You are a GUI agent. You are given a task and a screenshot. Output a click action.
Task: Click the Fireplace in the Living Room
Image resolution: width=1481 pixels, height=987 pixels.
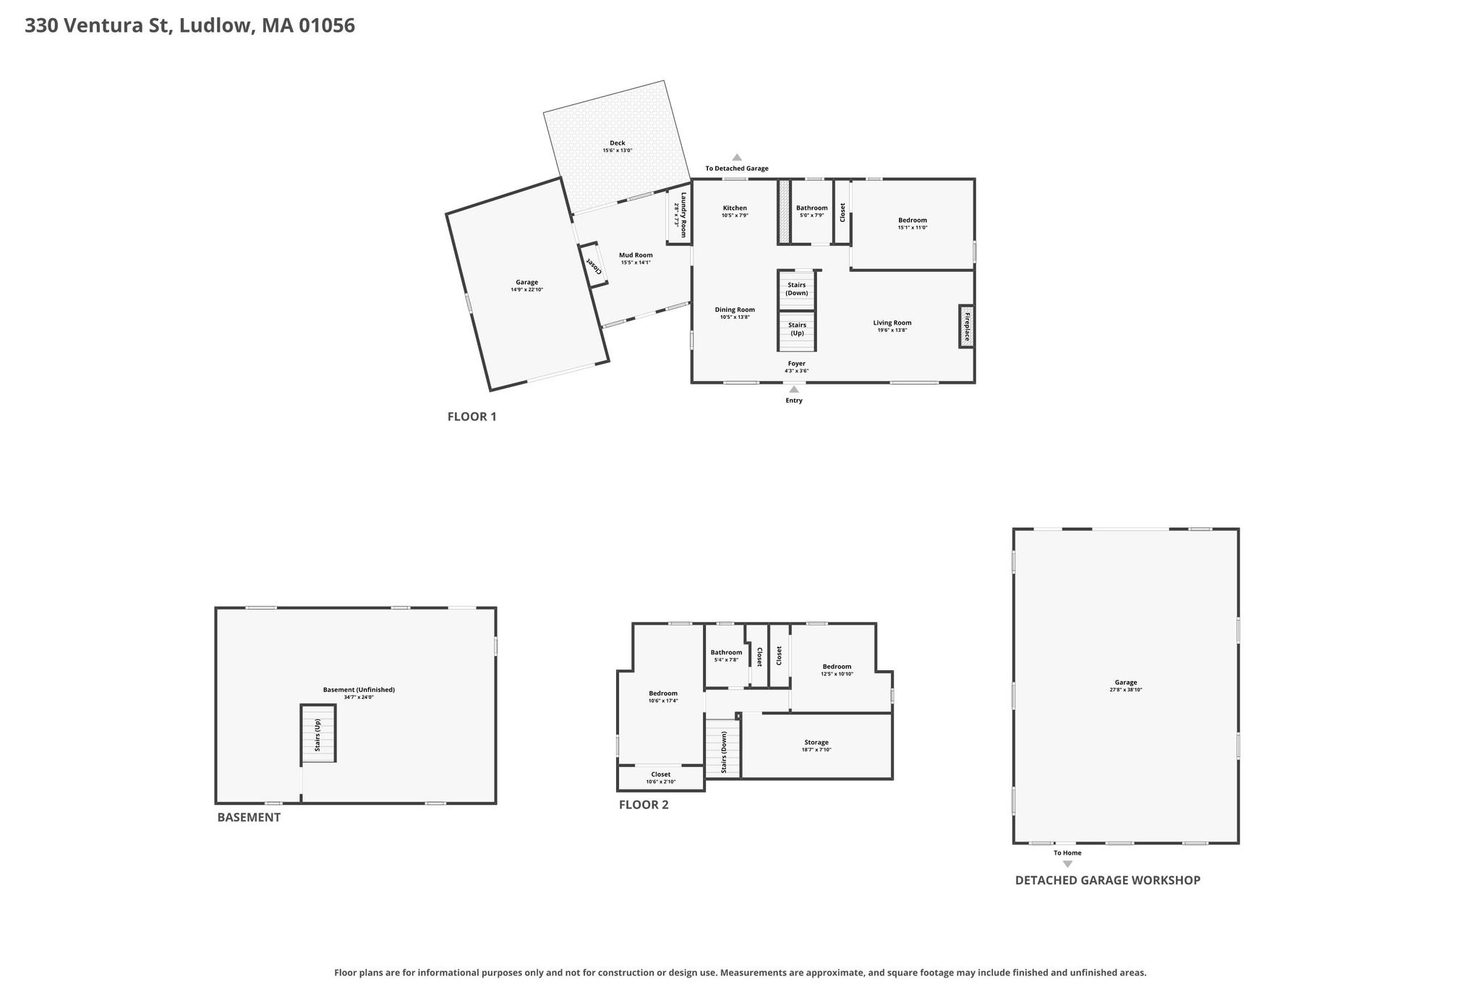[966, 326]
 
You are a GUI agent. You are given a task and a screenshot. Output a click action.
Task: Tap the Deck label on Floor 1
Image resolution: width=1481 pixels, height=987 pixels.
[617, 143]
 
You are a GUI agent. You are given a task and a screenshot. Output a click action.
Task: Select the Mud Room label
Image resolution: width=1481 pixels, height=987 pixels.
[636, 255]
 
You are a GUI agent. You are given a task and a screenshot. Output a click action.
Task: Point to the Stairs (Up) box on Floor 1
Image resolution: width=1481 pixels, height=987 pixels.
[796, 330]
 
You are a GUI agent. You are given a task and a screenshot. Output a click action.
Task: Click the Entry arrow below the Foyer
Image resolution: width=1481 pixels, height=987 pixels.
[794, 390]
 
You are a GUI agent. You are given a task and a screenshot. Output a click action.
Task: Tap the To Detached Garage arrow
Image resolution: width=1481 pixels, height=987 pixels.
[737, 157]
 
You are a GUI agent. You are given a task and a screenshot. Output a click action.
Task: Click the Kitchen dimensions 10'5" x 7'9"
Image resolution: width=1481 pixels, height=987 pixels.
[735, 215]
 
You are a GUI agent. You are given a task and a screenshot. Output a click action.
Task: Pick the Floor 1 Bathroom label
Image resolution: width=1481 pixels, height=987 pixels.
[811, 208]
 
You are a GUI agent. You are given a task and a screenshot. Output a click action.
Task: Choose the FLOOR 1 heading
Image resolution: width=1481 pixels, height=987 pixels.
[471, 416]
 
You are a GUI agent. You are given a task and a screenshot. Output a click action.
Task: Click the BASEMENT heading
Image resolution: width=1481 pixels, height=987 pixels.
[249, 817]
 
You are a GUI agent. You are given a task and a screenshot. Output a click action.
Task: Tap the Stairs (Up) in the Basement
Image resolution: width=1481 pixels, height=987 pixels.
[319, 734]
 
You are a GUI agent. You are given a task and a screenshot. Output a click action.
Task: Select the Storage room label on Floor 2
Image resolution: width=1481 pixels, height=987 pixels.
[816, 743]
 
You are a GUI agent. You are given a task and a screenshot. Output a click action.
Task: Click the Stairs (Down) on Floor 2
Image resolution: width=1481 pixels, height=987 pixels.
[723, 749]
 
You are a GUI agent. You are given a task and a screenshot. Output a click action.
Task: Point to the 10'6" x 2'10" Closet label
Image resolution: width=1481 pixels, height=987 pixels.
[661, 778]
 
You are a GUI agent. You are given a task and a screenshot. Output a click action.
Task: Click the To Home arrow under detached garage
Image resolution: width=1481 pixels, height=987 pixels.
[1067, 864]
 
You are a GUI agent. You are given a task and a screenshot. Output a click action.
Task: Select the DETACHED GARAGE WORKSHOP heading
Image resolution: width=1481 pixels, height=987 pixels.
[1107, 880]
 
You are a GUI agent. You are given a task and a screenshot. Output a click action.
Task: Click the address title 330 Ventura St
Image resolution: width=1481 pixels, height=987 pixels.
[98, 25]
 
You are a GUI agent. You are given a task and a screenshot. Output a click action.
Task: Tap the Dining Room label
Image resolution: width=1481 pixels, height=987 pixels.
[735, 309]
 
